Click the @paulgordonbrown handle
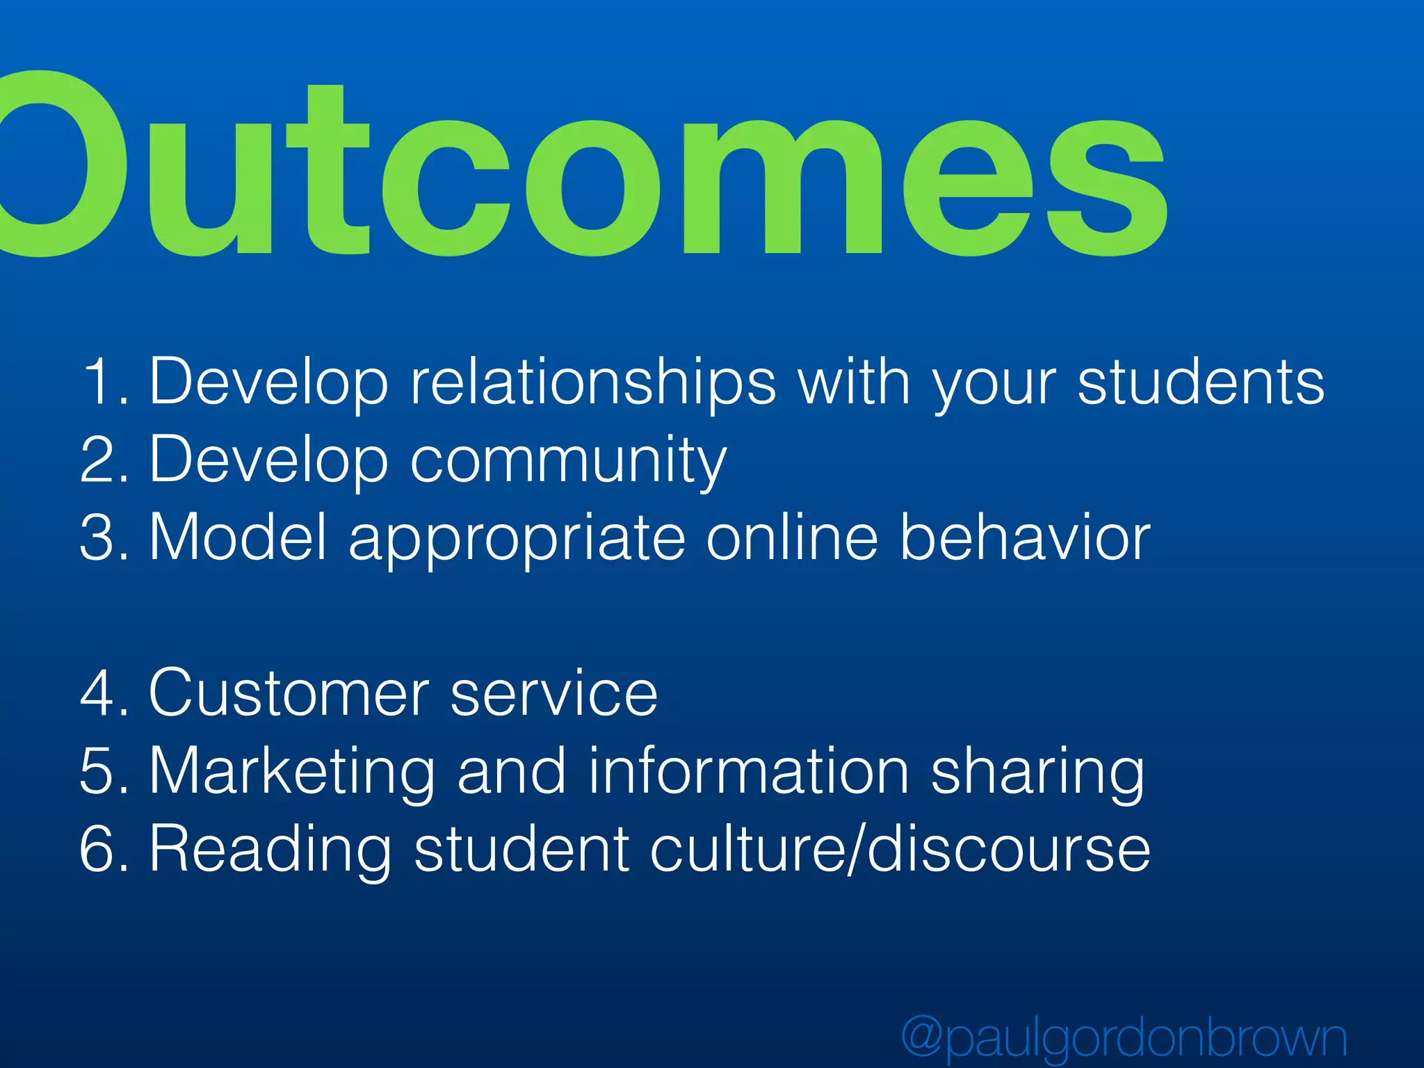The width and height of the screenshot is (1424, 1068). (x=1124, y=1038)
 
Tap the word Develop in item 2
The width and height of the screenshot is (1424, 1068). (x=268, y=460)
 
